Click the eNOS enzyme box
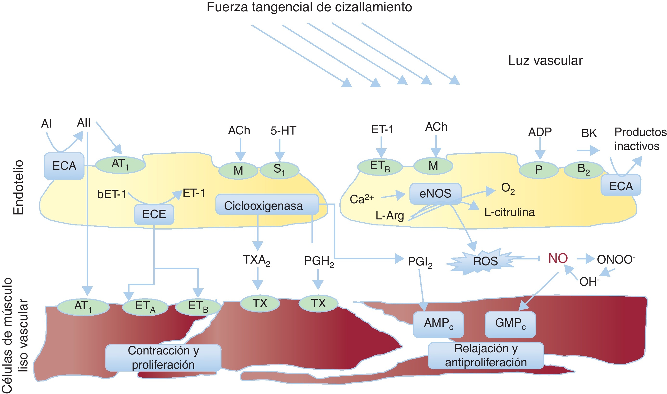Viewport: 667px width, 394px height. click(x=435, y=194)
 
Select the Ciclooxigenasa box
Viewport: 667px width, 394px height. click(x=267, y=204)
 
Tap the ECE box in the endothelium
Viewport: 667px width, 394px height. click(x=154, y=214)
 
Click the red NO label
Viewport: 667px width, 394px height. click(x=558, y=258)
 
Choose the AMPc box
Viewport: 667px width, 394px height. click(x=438, y=324)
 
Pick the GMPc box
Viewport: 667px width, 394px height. click(x=510, y=324)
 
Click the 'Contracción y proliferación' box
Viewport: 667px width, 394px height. click(x=163, y=358)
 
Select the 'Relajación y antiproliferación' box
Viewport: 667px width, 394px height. click(x=486, y=355)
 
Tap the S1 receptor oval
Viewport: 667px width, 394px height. click(x=279, y=170)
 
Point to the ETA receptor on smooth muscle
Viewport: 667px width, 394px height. click(x=145, y=307)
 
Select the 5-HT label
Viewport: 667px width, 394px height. click(x=283, y=131)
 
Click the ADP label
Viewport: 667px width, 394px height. click(x=540, y=132)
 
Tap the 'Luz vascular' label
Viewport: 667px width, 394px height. click(x=545, y=61)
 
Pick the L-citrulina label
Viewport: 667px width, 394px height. click(x=510, y=212)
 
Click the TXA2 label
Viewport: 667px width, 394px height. click(x=257, y=260)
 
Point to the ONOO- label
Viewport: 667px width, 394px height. click(x=616, y=259)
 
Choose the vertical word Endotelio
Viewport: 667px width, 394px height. click(x=19, y=187)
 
